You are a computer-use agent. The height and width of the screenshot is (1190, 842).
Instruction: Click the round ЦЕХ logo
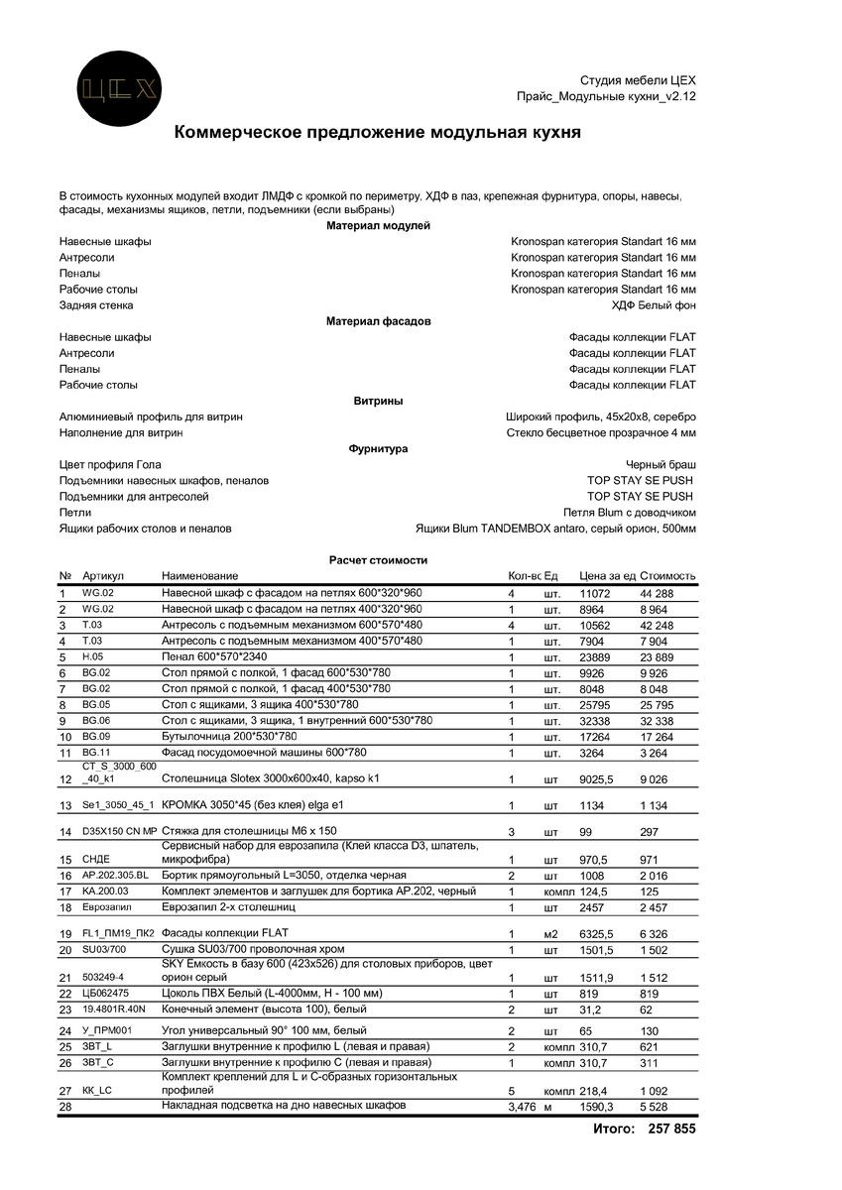pyautogui.click(x=120, y=89)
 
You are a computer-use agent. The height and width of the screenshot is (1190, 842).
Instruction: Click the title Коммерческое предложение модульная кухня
pyautogui.click(x=378, y=132)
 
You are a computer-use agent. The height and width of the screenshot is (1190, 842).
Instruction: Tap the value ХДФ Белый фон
pyautogui.click(x=654, y=305)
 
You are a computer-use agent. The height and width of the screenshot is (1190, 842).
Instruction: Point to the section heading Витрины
pyautogui.click(x=378, y=401)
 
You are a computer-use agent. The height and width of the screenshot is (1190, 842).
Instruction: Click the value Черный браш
pyautogui.click(x=661, y=464)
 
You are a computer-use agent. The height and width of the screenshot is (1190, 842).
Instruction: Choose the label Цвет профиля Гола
pyautogui.click(x=110, y=464)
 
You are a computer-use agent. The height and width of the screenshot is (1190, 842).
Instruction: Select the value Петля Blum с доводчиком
pyautogui.click(x=629, y=513)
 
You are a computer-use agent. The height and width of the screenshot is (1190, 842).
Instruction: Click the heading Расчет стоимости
pyautogui.click(x=378, y=560)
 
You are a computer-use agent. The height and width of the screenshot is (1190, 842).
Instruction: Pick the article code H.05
pyautogui.click(x=92, y=656)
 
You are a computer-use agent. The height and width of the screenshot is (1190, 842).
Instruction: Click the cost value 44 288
pyautogui.click(x=657, y=593)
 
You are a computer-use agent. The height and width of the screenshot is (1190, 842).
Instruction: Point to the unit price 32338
pyautogui.click(x=597, y=721)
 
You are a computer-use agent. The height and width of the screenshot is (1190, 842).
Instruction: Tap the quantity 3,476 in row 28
pyautogui.click(x=522, y=1106)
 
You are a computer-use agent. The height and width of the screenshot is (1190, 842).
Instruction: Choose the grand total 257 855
pyautogui.click(x=671, y=1129)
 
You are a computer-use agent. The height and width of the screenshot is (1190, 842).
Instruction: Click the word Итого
pyautogui.click(x=613, y=1129)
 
